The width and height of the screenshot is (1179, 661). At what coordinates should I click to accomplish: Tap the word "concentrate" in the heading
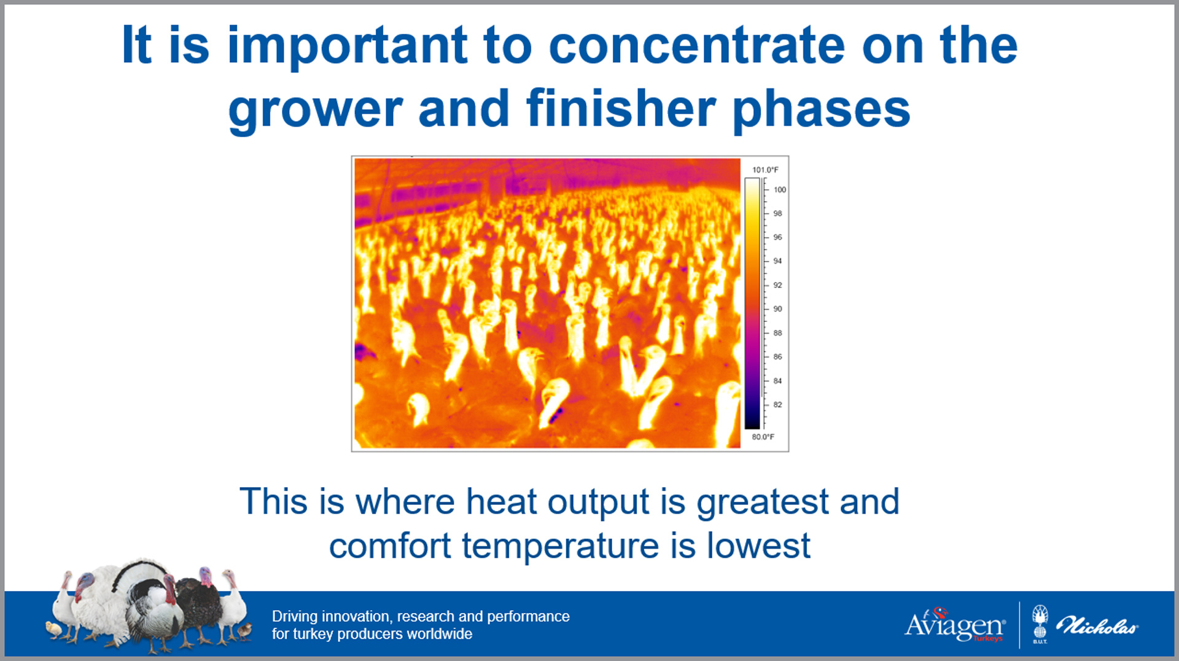click(697, 45)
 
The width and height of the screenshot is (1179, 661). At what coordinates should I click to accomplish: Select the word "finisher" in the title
click(621, 108)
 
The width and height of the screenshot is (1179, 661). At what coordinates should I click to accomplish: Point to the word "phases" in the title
click(821, 111)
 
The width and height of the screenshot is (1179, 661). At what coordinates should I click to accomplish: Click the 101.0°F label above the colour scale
click(765, 170)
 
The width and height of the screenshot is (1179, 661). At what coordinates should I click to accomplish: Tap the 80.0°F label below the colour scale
click(763, 437)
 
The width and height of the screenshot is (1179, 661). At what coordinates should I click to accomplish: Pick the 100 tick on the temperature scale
click(780, 190)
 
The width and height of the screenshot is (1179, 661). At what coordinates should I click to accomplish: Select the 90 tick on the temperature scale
click(778, 309)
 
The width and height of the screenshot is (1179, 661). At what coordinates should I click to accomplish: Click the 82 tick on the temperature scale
click(778, 405)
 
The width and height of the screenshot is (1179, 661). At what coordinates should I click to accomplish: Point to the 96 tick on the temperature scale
click(778, 237)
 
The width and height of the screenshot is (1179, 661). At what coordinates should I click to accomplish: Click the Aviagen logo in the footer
click(955, 625)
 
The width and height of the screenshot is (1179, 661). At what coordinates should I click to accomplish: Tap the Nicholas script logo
click(1097, 626)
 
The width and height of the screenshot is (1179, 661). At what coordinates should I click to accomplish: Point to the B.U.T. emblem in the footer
click(1040, 623)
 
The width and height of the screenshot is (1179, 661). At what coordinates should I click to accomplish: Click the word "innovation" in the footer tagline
click(357, 616)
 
